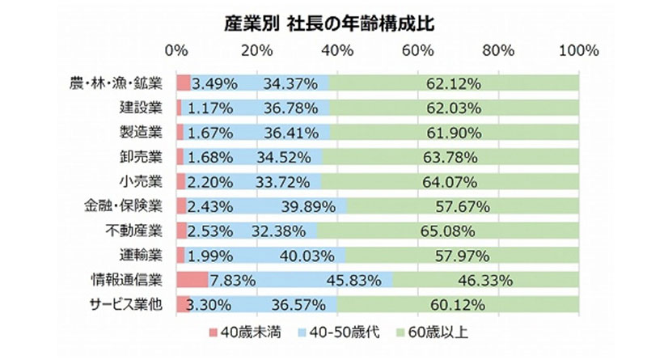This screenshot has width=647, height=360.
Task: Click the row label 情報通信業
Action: (x=128, y=280)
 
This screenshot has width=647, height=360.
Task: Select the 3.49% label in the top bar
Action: (x=213, y=83)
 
